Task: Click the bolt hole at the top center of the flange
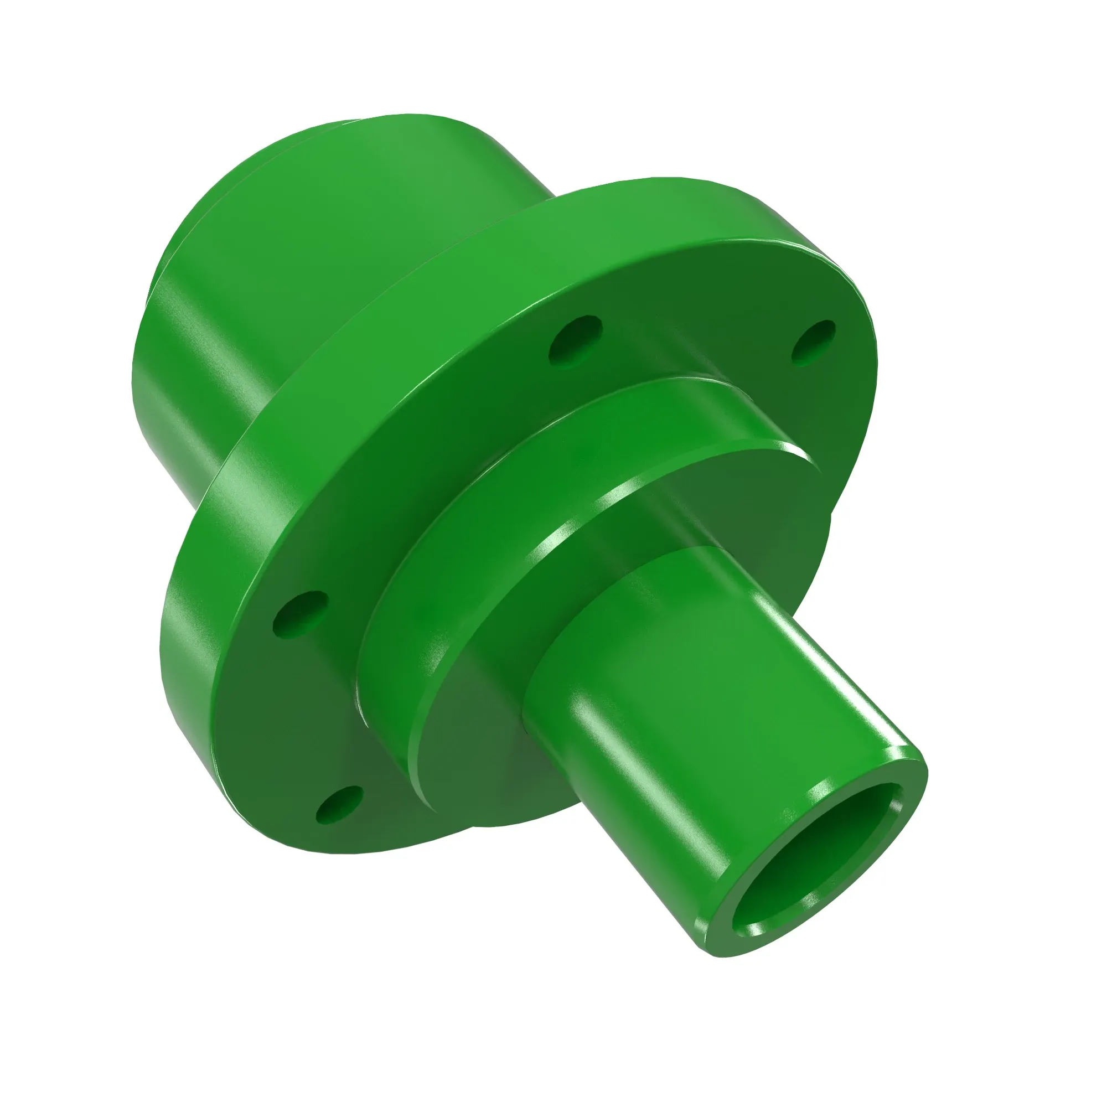[575, 339]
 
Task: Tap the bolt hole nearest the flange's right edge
[813, 342]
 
